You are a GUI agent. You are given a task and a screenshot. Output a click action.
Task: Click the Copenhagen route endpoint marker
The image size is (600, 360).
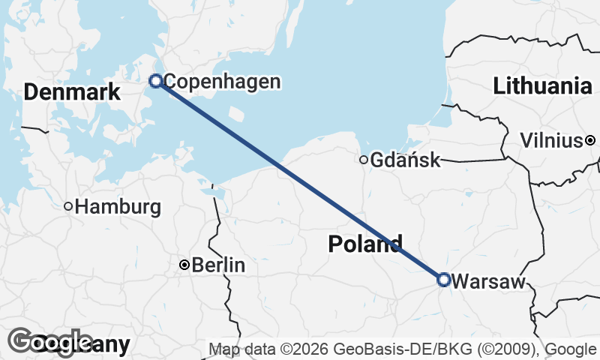pyautogui.click(x=156, y=81)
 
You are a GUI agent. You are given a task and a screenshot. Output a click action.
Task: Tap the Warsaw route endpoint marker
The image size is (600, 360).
pyautogui.click(x=443, y=280)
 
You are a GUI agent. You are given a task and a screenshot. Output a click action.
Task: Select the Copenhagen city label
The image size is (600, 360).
pyautogui.click(x=222, y=82)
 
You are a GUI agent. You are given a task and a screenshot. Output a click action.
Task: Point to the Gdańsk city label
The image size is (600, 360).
pyautogui.click(x=405, y=160)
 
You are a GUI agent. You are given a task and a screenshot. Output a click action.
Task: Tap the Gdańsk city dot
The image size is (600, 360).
pyautogui.click(x=364, y=159)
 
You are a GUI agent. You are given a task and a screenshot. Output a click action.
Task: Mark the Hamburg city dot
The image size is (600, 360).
pyautogui.click(x=67, y=206)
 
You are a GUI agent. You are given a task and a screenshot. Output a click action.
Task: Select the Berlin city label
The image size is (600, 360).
pyautogui.click(x=219, y=265)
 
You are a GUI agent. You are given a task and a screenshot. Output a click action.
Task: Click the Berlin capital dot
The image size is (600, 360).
pyautogui.click(x=184, y=265)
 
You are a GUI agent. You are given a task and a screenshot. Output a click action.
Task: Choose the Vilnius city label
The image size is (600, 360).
pyautogui.click(x=551, y=140)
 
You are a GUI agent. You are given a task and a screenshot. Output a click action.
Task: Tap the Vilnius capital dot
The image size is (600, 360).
pyautogui.click(x=591, y=140)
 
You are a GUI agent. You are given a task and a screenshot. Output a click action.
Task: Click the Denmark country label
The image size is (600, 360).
pyautogui.click(x=72, y=93)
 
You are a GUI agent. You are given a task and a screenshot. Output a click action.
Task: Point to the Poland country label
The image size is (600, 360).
pyautogui.click(x=365, y=244)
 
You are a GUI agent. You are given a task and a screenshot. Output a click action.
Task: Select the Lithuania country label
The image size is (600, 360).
pyautogui.click(x=542, y=86)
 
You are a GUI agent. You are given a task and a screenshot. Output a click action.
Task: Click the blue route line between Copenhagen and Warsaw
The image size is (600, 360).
pyautogui.click(x=300, y=181)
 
